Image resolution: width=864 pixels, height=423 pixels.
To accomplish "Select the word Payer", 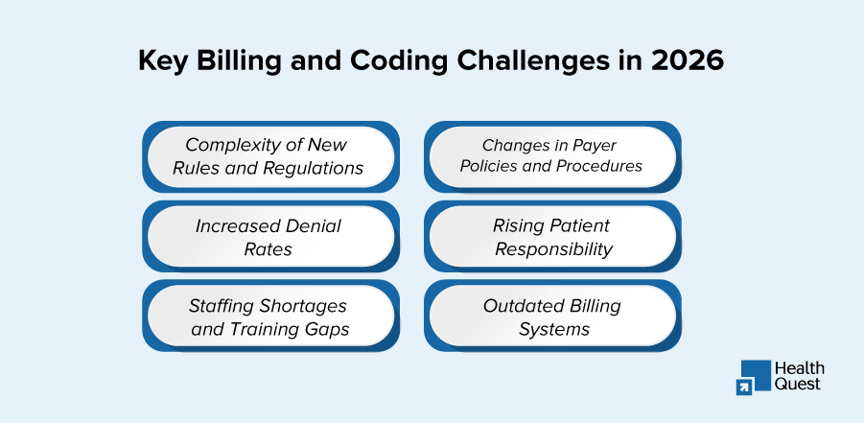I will (x=595, y=145).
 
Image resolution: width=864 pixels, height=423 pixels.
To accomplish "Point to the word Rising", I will (x=521, y=226).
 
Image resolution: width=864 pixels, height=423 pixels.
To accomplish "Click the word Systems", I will (x=553, y=329).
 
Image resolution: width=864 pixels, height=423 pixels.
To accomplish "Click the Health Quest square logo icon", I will (x=755, y=376).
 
